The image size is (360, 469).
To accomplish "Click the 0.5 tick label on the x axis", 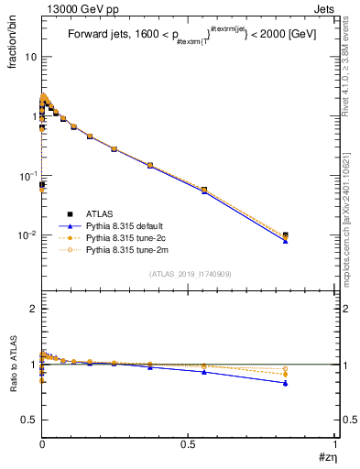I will pos(189,445).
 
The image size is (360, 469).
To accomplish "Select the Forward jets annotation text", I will pos(188,37).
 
